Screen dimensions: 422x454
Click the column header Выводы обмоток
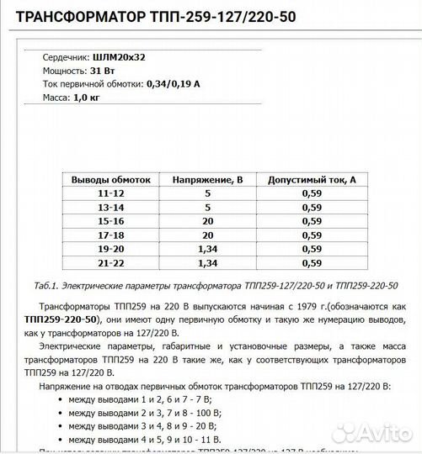tap(110, 180)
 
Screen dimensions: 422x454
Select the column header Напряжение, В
tap(207, 180)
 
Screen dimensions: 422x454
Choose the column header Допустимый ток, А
tap(312, 180)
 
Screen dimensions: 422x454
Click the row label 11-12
tap(110, 194)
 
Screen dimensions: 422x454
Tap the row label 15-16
tap(110, 221)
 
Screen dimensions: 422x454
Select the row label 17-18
tap(110, 235)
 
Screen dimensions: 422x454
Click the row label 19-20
tap(110, 248)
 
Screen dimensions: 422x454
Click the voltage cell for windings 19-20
tap(207, 248)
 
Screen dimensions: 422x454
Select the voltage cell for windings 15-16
tap(207, 221)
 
